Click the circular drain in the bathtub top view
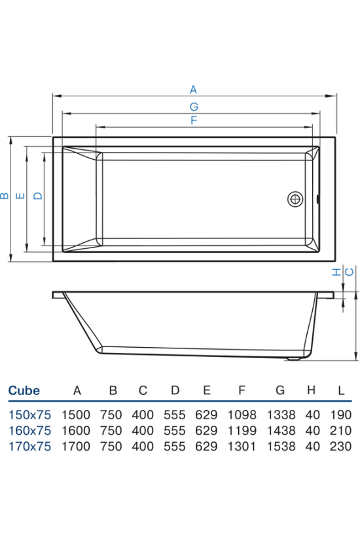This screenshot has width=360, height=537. [295, 198]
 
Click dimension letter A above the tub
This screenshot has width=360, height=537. [193, 90]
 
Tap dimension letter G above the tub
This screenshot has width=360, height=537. [194, 107]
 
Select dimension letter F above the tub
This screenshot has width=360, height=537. [194, 120]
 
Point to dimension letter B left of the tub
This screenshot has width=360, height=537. [5, 196]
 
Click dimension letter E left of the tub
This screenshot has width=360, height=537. [20, 196]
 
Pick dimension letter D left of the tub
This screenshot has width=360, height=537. [38, 196]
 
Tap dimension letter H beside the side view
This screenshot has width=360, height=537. [337, 272]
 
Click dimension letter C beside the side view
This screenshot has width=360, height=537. [349, 272]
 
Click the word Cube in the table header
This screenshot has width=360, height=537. [24, 390]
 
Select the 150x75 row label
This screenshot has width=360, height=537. [29, 415]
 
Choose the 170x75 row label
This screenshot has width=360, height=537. [29, 446]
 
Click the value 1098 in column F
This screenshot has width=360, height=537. [242, 415]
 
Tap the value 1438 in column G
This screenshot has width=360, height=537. [281, 430]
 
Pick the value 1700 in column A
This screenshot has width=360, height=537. [76, 446]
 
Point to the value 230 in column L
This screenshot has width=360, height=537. [341, 446]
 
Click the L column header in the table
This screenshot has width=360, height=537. [341, 390]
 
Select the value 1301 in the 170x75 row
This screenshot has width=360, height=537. [242, 446]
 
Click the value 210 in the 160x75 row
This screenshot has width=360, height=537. [341, 430]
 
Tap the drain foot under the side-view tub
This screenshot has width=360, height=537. [294, 359]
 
